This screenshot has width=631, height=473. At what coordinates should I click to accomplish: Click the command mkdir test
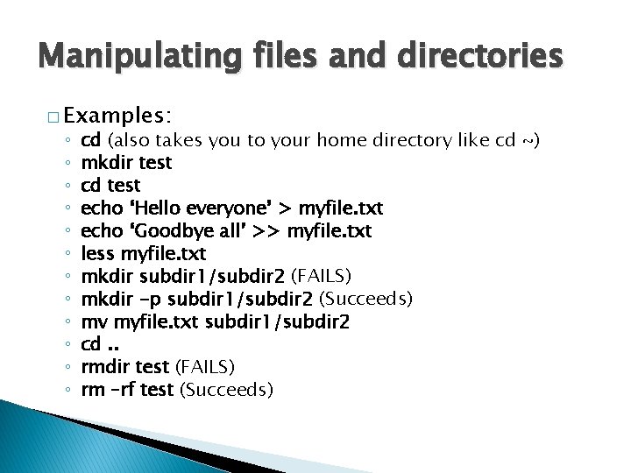tap(126, 163)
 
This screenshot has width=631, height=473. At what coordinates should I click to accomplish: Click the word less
tap(96, 254)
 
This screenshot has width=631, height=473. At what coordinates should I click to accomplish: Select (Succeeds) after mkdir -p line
tap(369, 300)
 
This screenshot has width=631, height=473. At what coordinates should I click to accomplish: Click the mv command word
tap(92, 322)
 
